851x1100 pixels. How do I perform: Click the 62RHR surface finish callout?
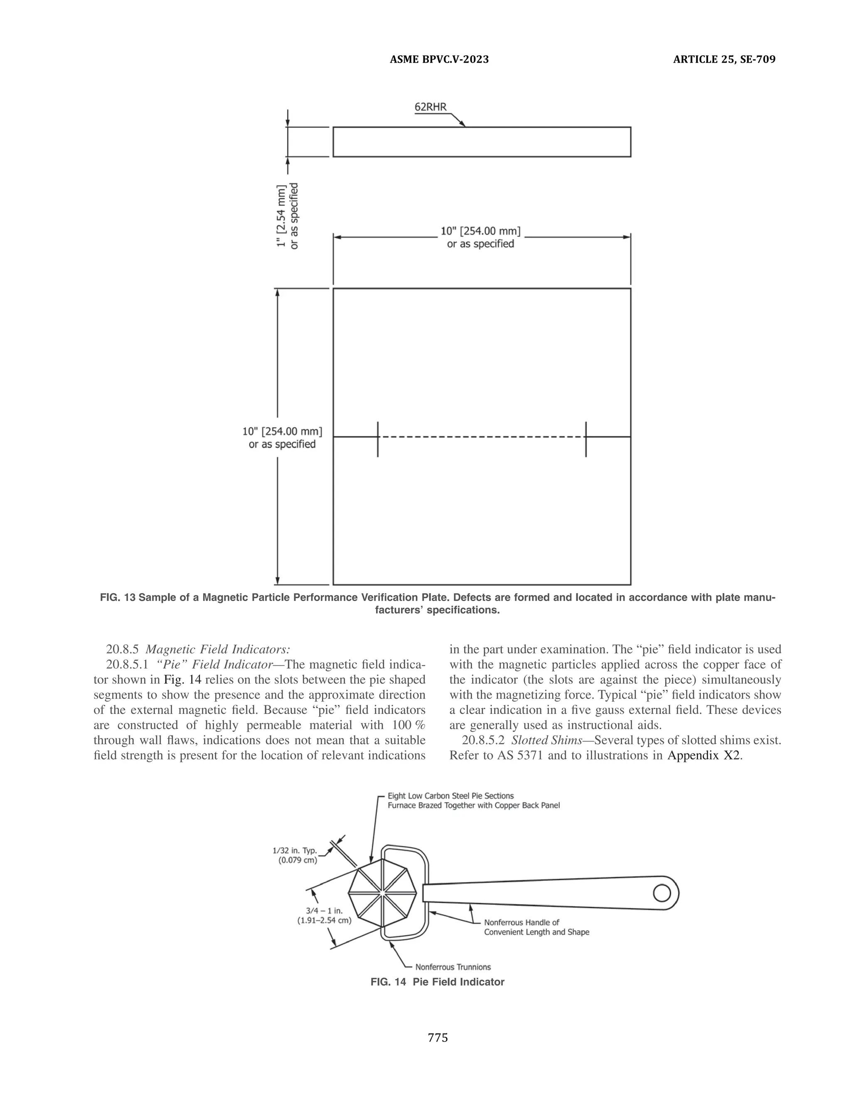pyautogui.click(x=430, y=107)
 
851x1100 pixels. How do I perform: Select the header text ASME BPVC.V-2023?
pyautogui.click(x=439, y=59)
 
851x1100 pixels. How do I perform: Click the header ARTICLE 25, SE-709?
pyautogui.click(x=724, y=59)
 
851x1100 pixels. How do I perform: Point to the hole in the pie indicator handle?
pyautogui.click(x=662, y=893)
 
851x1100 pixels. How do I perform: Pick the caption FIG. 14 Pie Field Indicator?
pyautogui.click(x=437, y=982)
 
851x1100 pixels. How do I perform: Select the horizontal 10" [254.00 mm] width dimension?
pyautogui.click(x=480, y=237)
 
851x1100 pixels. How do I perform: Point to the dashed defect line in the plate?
pyautogui.click(x=482, y=437)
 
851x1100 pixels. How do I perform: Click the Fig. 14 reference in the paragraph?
pyautogui.click(x=182, y=680)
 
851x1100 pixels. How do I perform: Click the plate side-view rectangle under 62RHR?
pyautogui.click(x=482, y=142)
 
